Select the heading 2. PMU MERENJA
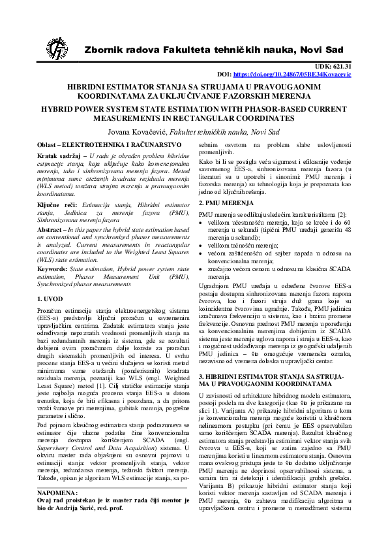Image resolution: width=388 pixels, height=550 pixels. (x=226, y=204)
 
